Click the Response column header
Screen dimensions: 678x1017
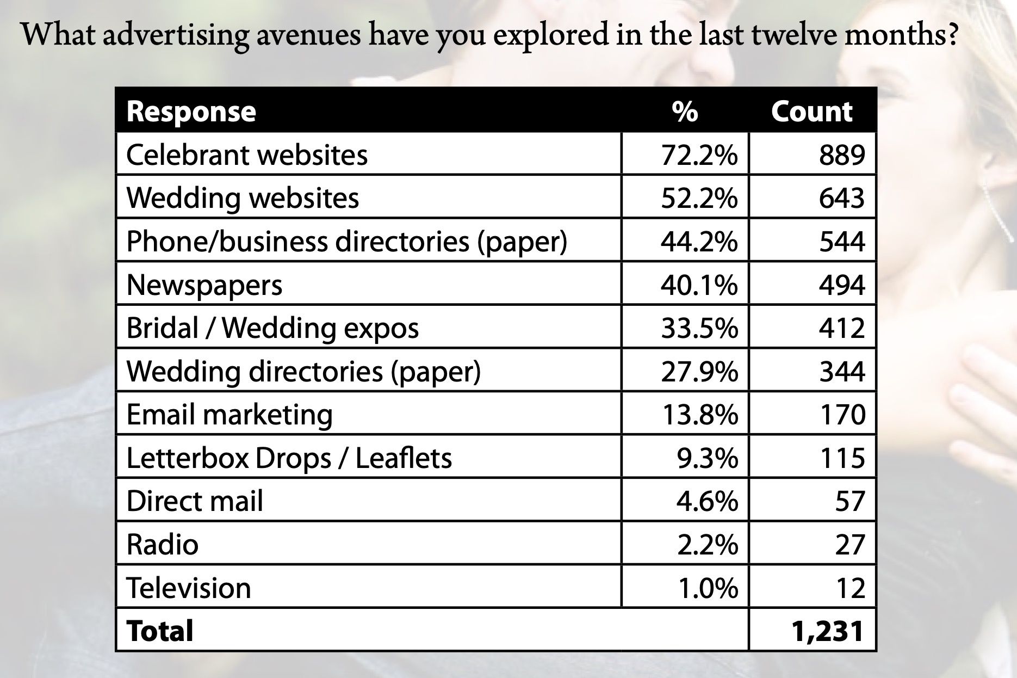[191, 112]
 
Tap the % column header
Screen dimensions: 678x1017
[684, 112]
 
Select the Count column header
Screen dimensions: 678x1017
[811, 112]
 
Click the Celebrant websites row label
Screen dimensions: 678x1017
[247, 155]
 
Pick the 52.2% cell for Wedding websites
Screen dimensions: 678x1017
[699, 198]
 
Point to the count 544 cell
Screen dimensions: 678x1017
[842, 241]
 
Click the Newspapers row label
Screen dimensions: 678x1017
[204, 285]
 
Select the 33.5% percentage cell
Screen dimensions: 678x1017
[699, 328]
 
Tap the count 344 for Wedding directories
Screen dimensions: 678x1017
[842, 371]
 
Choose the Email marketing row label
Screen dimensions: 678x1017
[230, 415]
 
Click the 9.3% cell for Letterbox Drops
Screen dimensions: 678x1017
[707, 458]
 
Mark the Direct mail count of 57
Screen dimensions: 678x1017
[849, 501]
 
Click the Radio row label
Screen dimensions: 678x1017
[163, 544]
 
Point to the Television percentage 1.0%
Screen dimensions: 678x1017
[707, 588]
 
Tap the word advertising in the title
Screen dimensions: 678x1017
[176, 35]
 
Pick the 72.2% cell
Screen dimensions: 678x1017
[699, 155]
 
